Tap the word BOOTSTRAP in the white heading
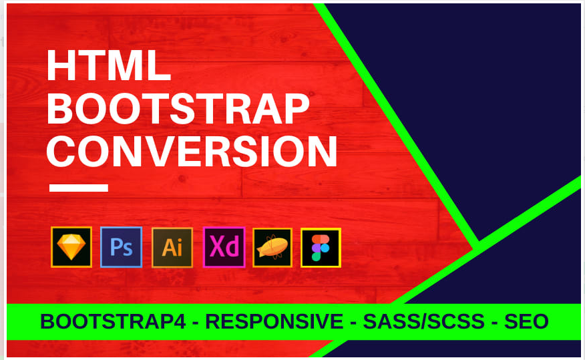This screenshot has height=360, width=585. point(178,109)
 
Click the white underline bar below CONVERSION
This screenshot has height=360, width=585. point(79,188)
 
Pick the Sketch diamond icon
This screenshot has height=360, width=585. point(71,248)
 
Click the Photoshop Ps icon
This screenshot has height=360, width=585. point(121,248)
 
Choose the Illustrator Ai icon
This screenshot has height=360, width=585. point(172,248)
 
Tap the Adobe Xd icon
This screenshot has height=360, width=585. point(224,248)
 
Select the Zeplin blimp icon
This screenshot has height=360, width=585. point(272,248)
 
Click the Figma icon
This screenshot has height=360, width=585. point(321,248)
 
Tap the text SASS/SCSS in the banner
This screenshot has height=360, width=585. point(423,322)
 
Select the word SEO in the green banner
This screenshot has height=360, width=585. point(526,322)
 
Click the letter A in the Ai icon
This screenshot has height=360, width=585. point(168,248)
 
